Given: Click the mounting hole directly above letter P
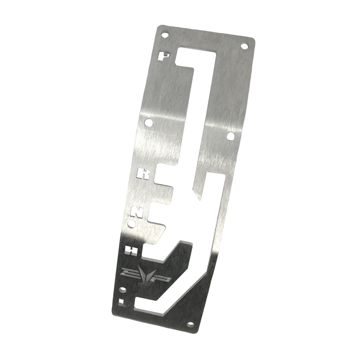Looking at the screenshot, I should tap(166, 33).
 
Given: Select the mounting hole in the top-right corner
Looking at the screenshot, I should tap(247, 46).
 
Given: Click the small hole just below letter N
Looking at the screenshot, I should tap(133, 224).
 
